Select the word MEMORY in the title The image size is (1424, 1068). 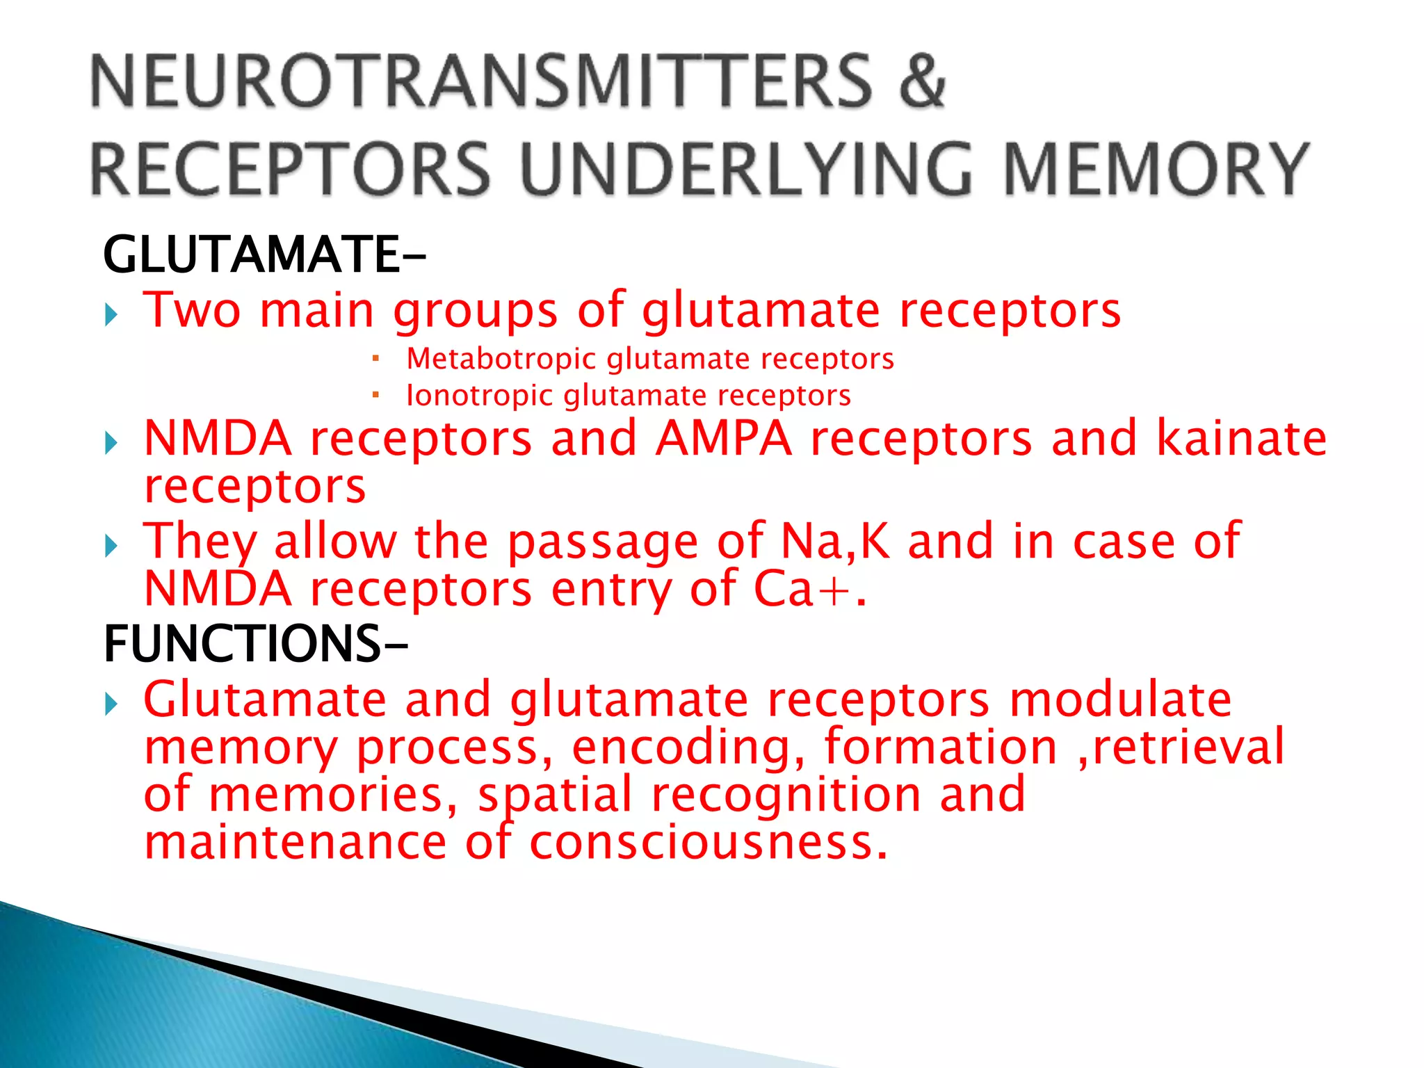[1156, 169]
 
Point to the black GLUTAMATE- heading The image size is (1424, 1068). [264, 254]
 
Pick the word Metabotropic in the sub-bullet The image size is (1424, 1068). [501, 359]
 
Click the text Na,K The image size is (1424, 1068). [835, 541]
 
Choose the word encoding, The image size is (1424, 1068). [688, 747]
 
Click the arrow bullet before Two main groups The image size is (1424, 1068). [111, 316]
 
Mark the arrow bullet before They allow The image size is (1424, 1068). [111, 546]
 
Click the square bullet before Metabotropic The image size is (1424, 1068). [375, 359]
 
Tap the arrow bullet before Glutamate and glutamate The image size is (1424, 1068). [111, 704]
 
